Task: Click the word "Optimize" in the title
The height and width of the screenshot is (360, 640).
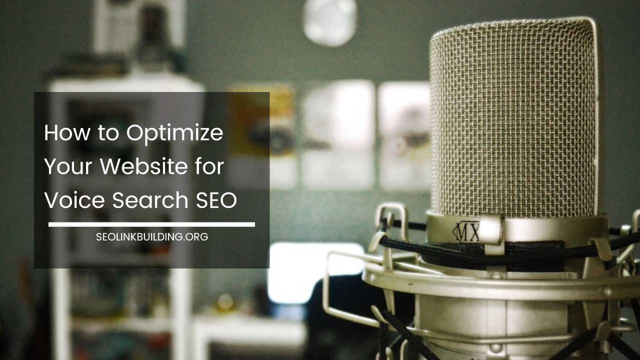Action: pyautogui.click(x=174, y=133)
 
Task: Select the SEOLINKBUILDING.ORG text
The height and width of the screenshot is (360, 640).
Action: pyautogui.click(x=152, y=237)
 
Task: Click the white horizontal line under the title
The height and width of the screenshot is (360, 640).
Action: pyautogui.click(x=151, y=224)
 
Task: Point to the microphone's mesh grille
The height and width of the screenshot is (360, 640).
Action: pyautogui.click(x=512, y=120)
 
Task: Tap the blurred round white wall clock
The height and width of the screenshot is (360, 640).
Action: pyautogui.click(x=329, y=21)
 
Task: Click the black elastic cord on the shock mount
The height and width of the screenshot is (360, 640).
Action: pyautogui.click(x=500, y=248)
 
